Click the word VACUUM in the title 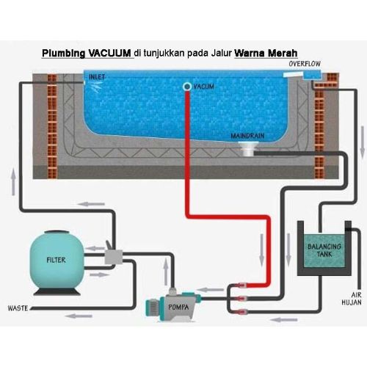click(109, 54)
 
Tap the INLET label click(97, 76)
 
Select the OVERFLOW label click(305, 64)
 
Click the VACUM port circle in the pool click(187, 87)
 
